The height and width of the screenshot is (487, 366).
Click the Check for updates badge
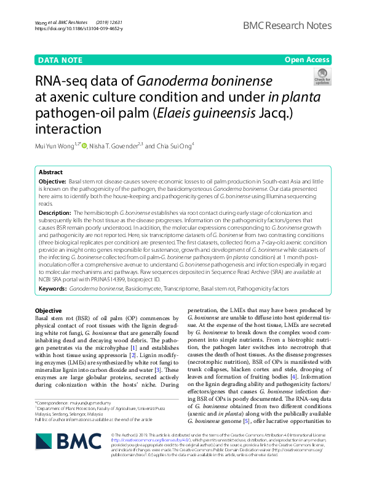tap(322, 78)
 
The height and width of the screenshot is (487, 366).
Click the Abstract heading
tap(50, 173)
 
